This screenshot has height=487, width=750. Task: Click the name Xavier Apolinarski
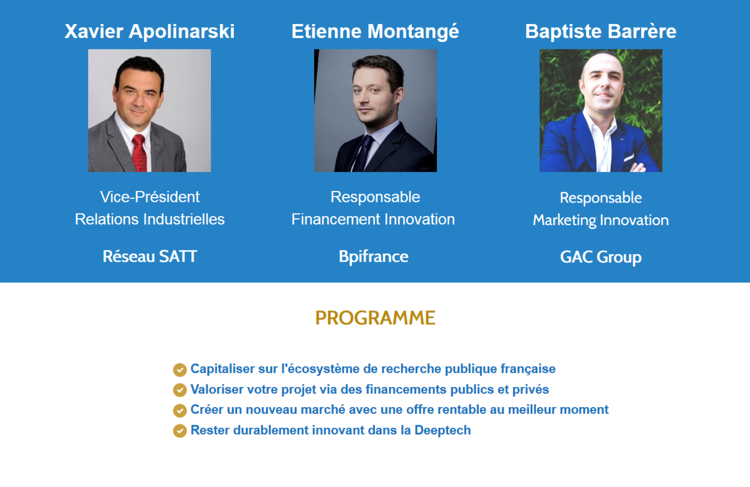click(x=149, y=32)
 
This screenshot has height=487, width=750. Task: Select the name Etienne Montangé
click(x=375, y=32)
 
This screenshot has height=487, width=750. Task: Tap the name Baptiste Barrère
click(x=601, y=32)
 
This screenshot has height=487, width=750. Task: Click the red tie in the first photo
click(x=140, y=153)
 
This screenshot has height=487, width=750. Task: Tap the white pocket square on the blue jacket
click(x=629, y=158)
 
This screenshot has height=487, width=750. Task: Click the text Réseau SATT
click(x=150, y=257)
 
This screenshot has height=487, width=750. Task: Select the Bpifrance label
click(x=374, y=257)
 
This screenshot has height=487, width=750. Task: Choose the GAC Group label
click(x=601, y=257)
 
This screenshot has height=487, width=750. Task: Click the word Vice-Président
click(x=150, y=197)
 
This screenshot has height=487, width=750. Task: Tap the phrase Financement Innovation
click(x=373, y=219)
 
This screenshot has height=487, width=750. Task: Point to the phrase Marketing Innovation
click(x=601, y=221)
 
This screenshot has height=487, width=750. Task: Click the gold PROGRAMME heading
click(x=375, y=318)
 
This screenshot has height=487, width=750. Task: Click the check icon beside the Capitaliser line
click(x=180, y=370)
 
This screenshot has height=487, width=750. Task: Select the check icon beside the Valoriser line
click(x=180, y=390)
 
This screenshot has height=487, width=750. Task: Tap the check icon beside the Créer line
click(x=180, y=410)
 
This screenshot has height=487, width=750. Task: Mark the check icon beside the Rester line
click(x=180, y=431)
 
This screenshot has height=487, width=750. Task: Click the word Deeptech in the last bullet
click(x=443, y=431)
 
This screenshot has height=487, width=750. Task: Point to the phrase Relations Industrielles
click(x=150, y=219)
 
